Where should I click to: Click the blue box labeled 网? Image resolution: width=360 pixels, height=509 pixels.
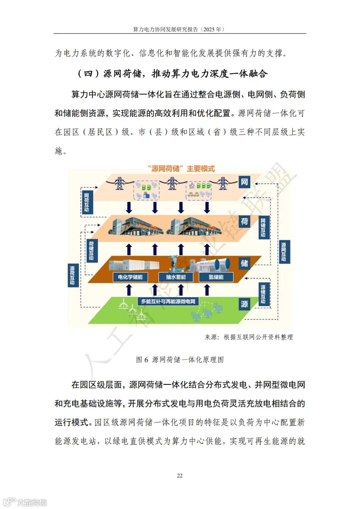(244, 182)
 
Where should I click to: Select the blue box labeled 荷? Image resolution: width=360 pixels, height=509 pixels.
(244, 221)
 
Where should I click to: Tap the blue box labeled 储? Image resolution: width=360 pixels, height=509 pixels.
(244, 264)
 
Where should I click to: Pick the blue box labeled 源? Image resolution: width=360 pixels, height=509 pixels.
(244, 304)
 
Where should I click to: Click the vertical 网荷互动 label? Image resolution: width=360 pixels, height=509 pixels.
(87, 202)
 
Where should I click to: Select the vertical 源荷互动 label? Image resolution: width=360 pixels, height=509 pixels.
(72, 275)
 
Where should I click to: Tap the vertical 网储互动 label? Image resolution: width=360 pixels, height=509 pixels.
(263, 227)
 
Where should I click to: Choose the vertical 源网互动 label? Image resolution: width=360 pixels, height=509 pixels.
(283, 251)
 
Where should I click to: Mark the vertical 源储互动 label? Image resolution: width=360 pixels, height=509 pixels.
(263, 294)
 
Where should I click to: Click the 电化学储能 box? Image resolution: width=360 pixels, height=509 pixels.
(130, 277)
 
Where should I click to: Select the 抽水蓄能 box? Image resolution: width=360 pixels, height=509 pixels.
(176, 277)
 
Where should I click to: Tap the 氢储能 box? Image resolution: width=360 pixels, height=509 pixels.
(216, 277)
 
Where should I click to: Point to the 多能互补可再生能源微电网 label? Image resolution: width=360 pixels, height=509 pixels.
(168, 301)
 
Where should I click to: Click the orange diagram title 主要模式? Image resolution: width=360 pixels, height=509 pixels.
(200, 169)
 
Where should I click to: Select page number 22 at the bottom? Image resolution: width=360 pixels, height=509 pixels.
(180, 476)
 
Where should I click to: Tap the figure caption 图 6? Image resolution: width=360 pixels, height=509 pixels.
(142, 360)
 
